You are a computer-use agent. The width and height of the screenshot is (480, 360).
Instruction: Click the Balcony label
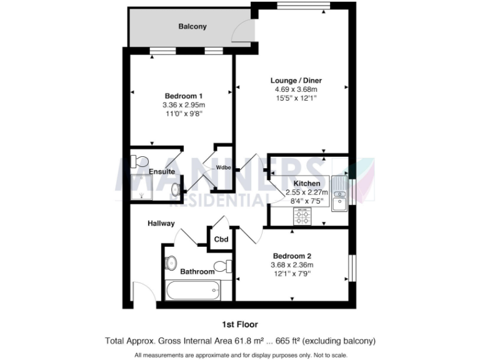[x=192, y=27]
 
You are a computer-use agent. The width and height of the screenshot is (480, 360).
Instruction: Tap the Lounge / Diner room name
[x=296, y=80]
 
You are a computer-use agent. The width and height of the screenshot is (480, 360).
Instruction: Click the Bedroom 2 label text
[x=292, y=256]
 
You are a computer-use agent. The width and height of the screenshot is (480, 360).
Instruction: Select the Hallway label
[x=161, y=223]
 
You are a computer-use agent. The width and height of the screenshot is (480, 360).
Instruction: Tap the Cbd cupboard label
[x=221, y=239]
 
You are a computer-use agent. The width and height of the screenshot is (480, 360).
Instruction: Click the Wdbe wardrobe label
[x=224, y=167]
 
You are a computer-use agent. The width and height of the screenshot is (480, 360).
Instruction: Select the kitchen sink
[x=339, y=194]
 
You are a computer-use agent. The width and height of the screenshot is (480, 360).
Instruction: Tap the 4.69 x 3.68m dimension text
[x=296, y=89]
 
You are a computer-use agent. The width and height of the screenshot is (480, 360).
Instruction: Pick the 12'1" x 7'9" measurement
[x=292, y=274]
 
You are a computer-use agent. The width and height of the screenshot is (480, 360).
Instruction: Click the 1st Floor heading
[x=240, y=324]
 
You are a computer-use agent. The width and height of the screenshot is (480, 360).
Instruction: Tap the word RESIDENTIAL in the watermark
[x=206, y=200]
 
